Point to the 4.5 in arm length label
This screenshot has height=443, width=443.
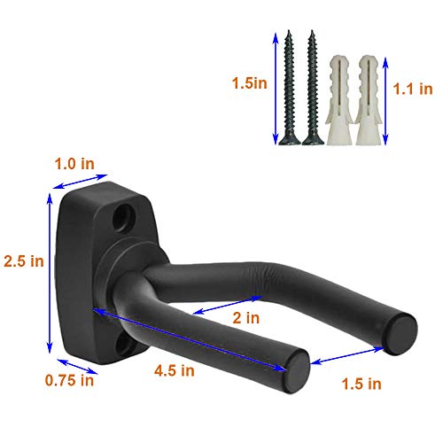[x=175, y=371]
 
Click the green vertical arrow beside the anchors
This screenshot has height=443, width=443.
[x=392, y=89]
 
